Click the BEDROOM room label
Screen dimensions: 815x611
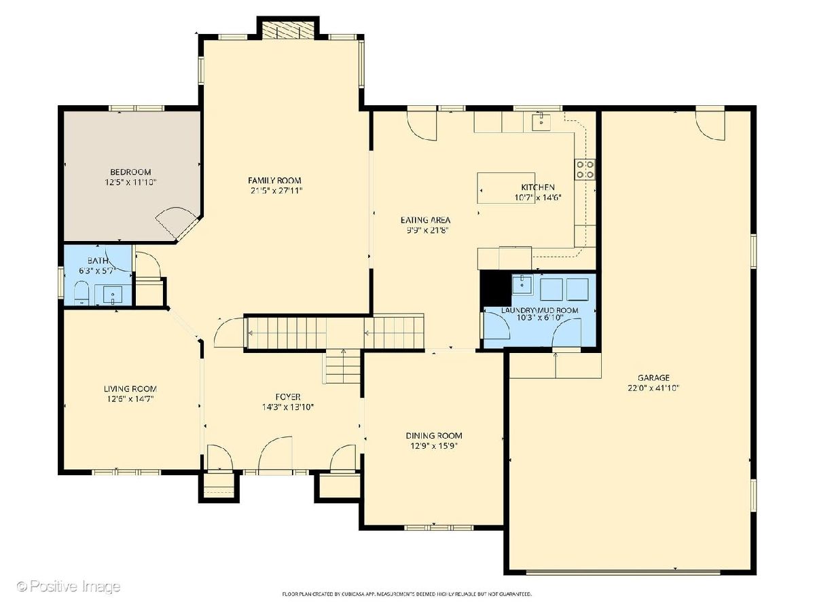click(x=130, y=172)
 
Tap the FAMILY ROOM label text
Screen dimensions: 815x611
click(x=274, y=181)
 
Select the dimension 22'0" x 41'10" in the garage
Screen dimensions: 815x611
click(x=653, y=388)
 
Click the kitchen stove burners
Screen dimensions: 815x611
click(x=585, y=169)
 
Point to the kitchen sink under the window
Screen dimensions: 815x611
click(x=541, y=122)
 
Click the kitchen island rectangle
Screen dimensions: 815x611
click(x=506, y=188)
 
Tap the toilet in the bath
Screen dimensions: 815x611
click(x=81, y=293)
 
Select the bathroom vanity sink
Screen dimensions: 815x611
click(x=113, y=295)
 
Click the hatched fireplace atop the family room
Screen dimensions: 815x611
click(x=288, y=30)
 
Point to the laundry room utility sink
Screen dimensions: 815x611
click(x=522, y=285)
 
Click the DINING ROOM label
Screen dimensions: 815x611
click(x=434, y=436)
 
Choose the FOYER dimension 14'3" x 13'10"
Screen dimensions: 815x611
click(x=288, y=407)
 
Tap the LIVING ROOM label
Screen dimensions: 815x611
click(x=130, y=389)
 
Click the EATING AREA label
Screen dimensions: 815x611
click(x=425, y=220)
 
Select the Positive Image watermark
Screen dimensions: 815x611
click(x=69, y=586)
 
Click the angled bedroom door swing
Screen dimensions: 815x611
click(x=177, y=223)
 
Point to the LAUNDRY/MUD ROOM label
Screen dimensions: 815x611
click(x=539, y=310)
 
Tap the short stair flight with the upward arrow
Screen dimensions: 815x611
click(x=343, y=367)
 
